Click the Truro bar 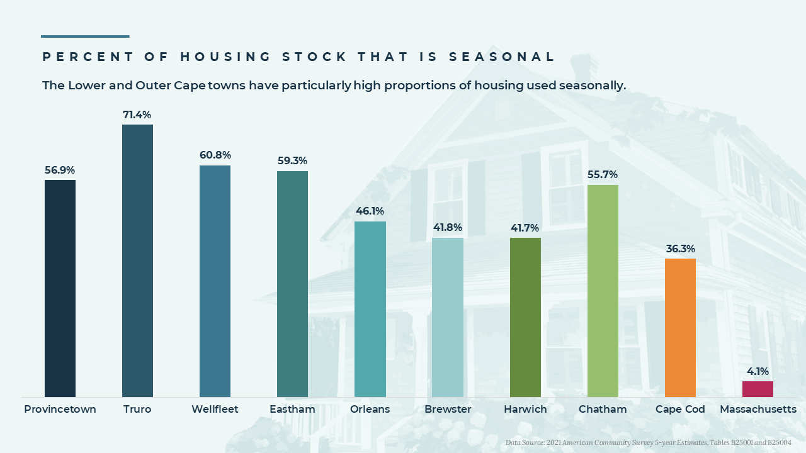tap(137, 260)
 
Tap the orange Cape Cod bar tap(680, 327)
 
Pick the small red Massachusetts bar tap(758, 389)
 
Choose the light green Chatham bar tap(603, 291)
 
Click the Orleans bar tap(370, 309)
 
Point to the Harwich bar tap(525, 317)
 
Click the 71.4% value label tap(137, 115)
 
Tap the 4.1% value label tap(758, 372)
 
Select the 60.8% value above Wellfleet tap(215, 155)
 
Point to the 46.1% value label tap(370, 211)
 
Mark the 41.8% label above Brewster tap(448, 228)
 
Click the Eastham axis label tap(292, 410)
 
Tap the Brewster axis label tap(448, 410)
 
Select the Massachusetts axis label tap(758, 410)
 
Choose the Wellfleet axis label tap(215, 410)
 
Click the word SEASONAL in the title tap(502, 57)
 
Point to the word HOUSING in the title tap(225, 57)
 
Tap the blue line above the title tap(85, 36)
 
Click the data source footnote tap(649, 443)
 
